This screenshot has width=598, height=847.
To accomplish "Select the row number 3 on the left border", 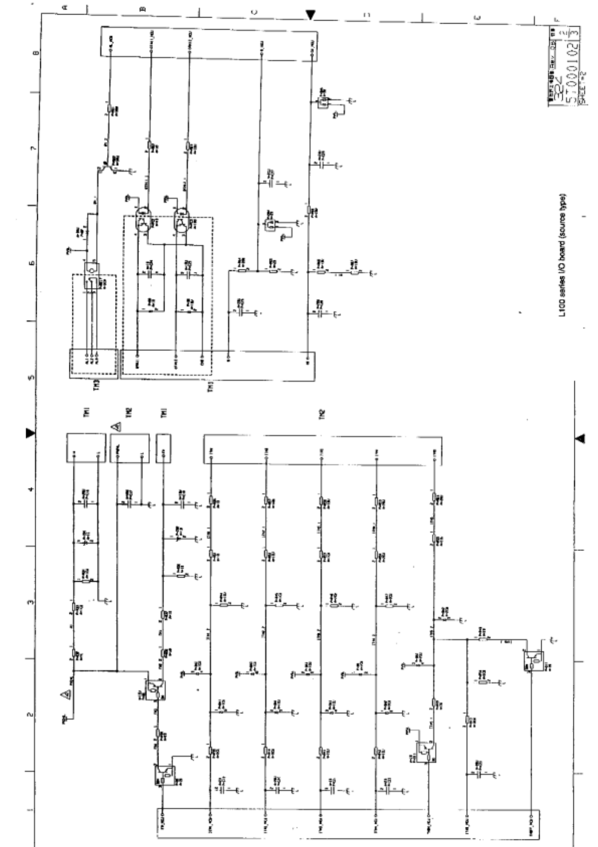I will pyautogui.click(x=33, y=602).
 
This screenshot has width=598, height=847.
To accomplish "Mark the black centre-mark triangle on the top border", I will pyautogui.click(x=311, y=15).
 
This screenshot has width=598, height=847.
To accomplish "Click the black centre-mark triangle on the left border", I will pyautogui.click(x=30, y=433).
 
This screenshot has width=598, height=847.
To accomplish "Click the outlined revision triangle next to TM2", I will pyautogui.click(x=116, y=428).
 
